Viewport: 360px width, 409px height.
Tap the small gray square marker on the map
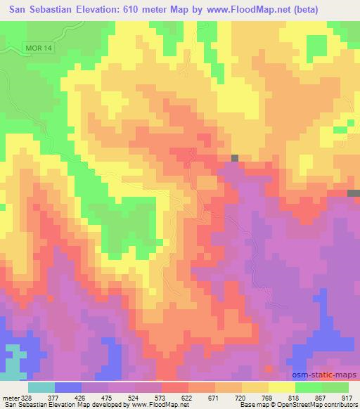coord(234,158)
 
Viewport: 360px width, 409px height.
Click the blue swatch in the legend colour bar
coord(67,387)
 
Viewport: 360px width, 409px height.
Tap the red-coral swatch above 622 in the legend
coord(174,387)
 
